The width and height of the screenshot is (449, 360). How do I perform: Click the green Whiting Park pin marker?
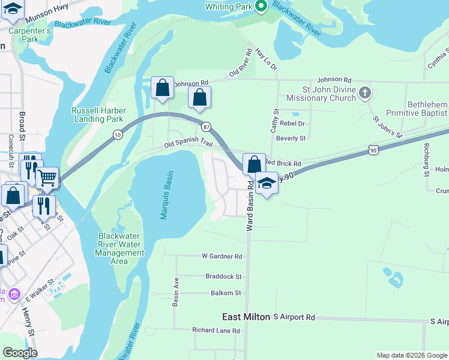[261, 7]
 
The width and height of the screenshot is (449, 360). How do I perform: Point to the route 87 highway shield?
[206, 127]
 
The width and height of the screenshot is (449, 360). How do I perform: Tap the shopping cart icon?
[47, 177]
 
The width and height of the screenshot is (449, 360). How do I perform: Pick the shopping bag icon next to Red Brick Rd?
[253, 163]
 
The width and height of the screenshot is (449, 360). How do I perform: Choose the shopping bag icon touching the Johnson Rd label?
[162, 88]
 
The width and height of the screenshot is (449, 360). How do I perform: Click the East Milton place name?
[246, 317]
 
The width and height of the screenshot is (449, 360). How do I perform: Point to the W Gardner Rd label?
[221, 256]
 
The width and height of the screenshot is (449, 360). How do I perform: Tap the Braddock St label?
[223, 277]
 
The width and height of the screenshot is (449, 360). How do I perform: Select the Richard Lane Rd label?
[215, 330]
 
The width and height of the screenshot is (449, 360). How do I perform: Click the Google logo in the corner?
[20, 353]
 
